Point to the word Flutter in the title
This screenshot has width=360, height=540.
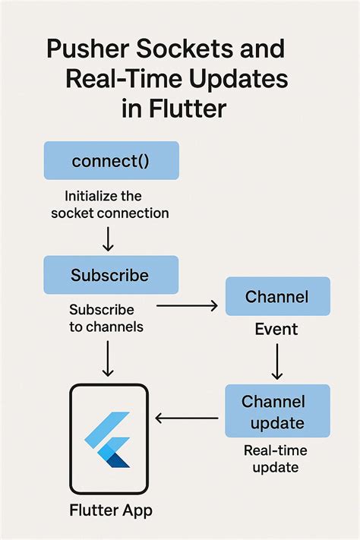[x=186, y=109]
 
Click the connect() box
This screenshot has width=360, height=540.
[x=111, y=161]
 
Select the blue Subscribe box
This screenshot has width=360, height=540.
[x=111, y=274]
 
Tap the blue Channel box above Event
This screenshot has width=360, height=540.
[x=277, y=296]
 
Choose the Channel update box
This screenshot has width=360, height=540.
[x=277, y=410]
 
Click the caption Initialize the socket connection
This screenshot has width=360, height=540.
[x=111, y=204]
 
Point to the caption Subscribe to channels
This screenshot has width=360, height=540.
[x=102, y=319]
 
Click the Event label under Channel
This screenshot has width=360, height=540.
[x=277, y=330]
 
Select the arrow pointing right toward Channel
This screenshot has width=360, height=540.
[x=186, y=307]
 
